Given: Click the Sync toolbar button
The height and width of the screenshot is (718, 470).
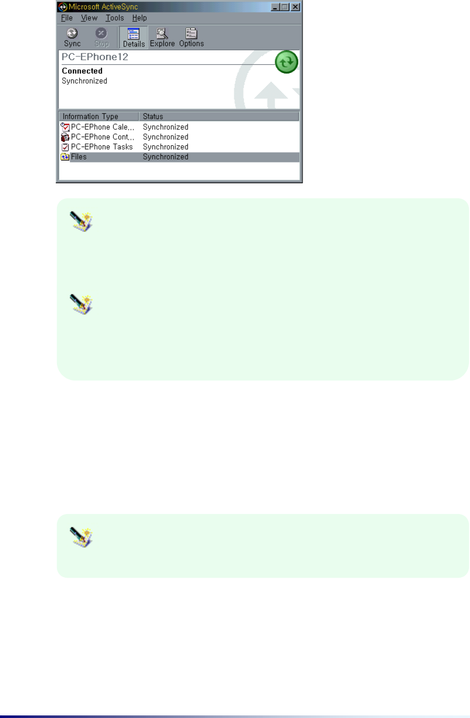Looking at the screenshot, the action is click(x=72, y=37).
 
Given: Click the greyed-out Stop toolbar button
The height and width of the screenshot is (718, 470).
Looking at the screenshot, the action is click(x=101, y=37).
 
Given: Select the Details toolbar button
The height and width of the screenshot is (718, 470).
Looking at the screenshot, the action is click(x=133, y=37).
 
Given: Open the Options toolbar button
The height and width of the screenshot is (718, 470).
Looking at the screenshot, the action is click(x=191, y=37).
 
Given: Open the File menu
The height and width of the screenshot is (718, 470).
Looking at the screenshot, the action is click(x=67, y=18).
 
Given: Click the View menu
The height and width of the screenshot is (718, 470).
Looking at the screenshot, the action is click(x=89, y=18).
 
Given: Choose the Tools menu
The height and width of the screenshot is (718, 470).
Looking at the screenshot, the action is click(x=115, y=18).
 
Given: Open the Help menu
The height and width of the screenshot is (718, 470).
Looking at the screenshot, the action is click(x=139, y=18).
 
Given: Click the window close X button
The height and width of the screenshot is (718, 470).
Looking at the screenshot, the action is click(x=295, y=7).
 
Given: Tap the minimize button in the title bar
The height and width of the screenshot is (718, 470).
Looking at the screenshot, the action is click(x=275, y=7).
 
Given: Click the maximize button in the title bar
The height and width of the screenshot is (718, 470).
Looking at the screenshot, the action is click(x=284, y=7).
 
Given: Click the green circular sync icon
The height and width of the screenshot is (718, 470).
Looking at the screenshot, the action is click(x=286, y=62).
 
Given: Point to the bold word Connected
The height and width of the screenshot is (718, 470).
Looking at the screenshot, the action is click(x=82, y=71).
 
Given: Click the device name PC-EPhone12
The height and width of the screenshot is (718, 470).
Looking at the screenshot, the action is click(x=95, y=57).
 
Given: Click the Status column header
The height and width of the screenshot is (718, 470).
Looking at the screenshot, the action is click(x=153, y=116).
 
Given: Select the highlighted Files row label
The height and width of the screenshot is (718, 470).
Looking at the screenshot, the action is click(x=79, y=157).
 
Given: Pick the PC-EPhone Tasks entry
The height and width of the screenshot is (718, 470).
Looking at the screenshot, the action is click(x=101, y=147).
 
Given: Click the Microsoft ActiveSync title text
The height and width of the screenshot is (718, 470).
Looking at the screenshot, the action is click(x=103, y=7).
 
